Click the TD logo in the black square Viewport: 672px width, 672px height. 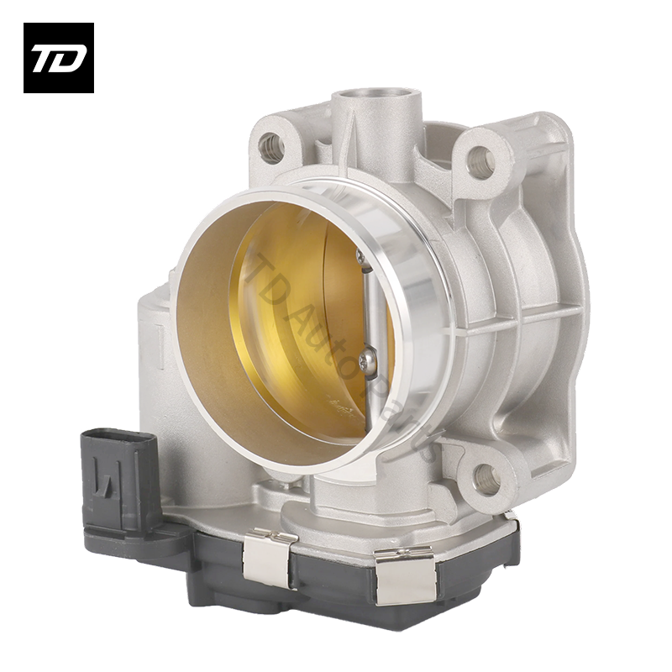pyautogui.click(x=58, y=57)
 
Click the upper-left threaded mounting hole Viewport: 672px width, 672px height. pyautogui.click(x=270, y=148)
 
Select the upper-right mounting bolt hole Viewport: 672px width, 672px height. pyautogui.click(x=481, y=161)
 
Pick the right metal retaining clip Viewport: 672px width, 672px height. pyautogui.click(x=405, y=575)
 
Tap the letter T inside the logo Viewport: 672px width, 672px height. pyautogui.click(x=45, y=59)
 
